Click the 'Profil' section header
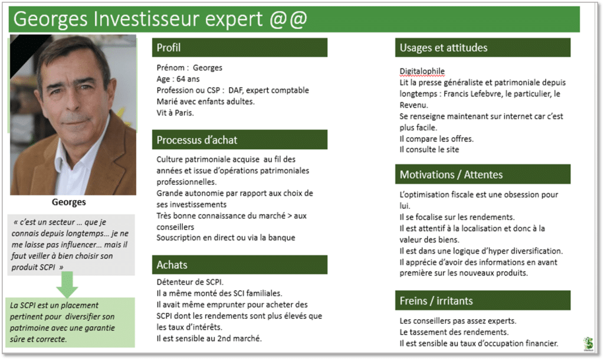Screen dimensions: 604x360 [239, 47]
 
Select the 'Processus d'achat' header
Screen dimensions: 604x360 [239, 139]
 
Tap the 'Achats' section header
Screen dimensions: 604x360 [239, 264]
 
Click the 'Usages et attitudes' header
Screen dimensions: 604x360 [482, 47]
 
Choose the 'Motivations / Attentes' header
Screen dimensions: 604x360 [482, 174]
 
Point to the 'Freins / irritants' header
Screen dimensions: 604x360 [482, 300]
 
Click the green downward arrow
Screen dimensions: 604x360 [67, 284]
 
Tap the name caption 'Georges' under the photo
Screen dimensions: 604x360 [69, 202]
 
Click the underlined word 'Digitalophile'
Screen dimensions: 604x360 [422, 71]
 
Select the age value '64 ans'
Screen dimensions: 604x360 [188, 79]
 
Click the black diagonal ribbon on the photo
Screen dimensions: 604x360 [29, 54]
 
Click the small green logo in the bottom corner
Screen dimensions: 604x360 [588, 343]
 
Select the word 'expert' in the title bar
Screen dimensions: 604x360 [234, 19]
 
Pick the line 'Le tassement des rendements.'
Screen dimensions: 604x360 [454, 332]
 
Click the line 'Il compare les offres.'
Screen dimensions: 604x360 [436, 139]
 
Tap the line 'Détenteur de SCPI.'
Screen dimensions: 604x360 [190, 282]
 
